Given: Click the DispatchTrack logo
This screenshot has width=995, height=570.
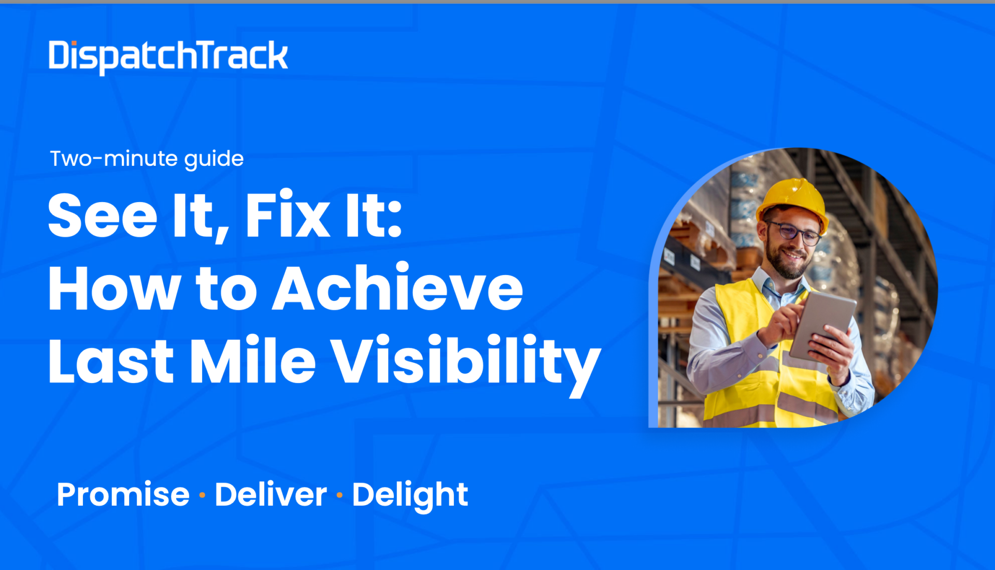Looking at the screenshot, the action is click(168, 57).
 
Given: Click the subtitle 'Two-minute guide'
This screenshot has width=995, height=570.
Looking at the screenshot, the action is click(147, 159).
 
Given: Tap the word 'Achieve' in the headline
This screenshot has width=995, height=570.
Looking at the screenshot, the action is click(398, 288).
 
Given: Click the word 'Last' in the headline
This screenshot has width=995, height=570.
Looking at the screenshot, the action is click(111, 361).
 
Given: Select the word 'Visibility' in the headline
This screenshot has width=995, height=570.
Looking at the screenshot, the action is click(466, 365).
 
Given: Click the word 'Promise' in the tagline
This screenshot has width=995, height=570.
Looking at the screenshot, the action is click(123, 494).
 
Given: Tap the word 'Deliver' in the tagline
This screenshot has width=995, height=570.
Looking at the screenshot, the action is click(271, 494).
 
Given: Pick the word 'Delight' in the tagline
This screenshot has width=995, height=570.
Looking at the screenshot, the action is click(410, 496).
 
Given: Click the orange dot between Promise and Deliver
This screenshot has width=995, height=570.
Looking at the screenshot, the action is click(202, 495).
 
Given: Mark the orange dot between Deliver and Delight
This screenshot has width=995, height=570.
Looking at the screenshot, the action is click(339, 495).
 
